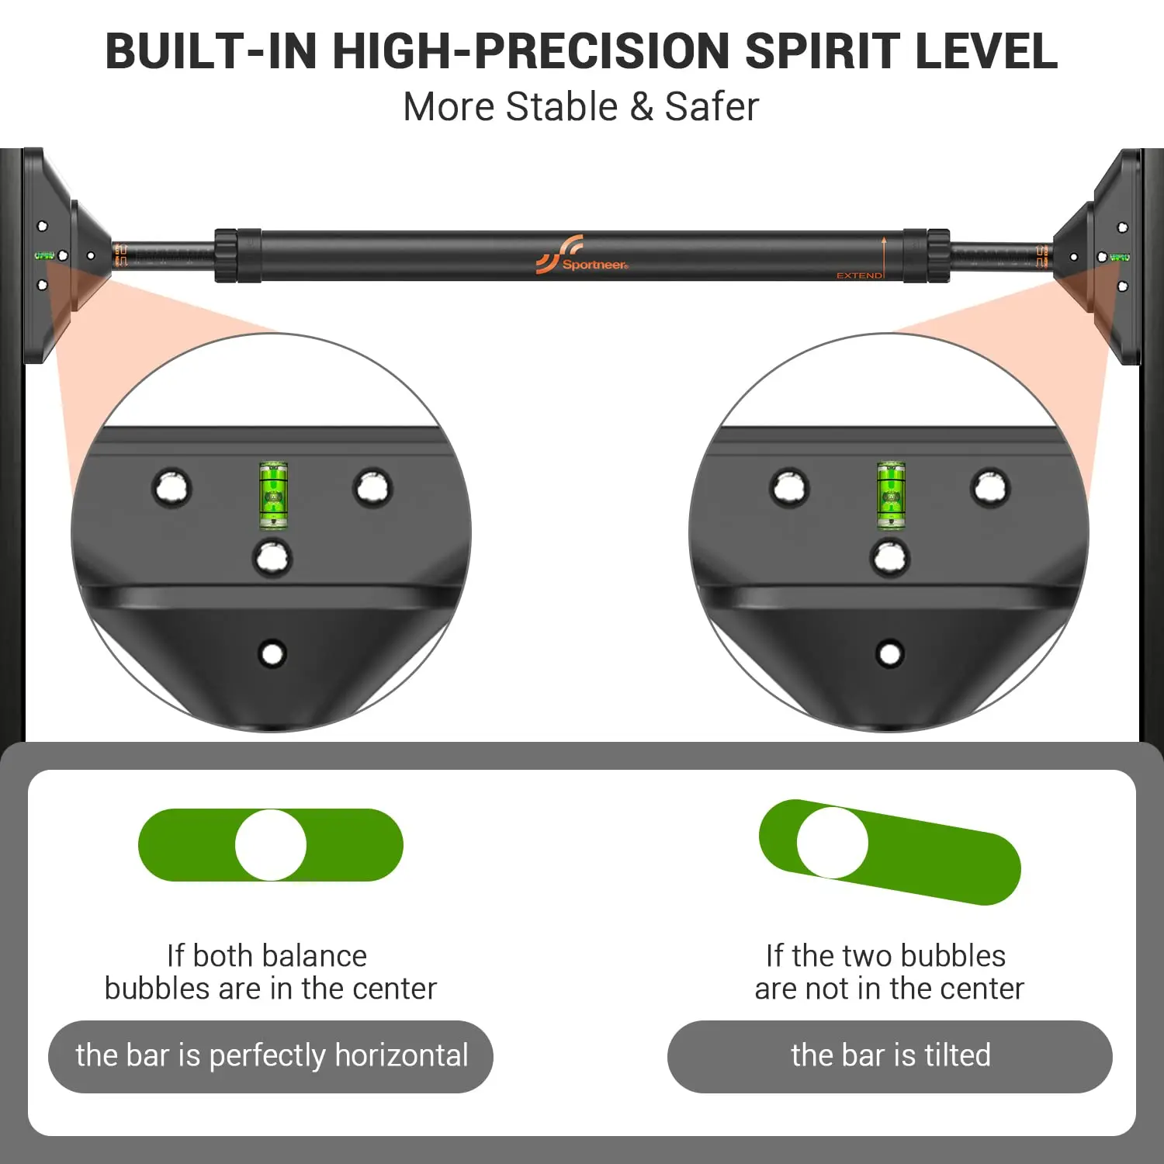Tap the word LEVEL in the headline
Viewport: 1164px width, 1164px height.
(x=986, y=51)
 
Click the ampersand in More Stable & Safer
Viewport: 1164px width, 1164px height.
(x=642, y=107)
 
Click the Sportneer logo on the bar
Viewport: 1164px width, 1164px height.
(x=582, y=255)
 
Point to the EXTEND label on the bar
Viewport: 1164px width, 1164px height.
(x=859, y=275)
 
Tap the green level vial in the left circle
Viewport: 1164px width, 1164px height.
(x=272, y=495)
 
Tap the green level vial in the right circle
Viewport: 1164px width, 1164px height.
(x=891, y=495)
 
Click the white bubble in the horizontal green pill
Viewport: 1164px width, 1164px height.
(x=271, y=845)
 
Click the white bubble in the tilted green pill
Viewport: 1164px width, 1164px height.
(x=833, y=843)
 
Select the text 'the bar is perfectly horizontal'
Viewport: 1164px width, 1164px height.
(x=272, y=1056)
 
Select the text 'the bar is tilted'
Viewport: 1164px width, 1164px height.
(x=890, y=1056)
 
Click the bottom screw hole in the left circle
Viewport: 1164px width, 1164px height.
(x=272, y=653)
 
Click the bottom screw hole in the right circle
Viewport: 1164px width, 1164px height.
(x=890, y=653)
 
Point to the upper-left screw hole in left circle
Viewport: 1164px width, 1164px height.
(x=171, y=488)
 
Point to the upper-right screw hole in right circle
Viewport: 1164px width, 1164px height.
(x=990, y=488)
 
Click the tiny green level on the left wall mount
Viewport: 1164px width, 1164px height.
(x=44, y=255)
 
